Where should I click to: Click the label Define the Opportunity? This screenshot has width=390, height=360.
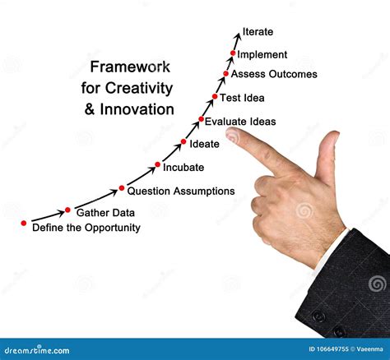[x=86, y=228]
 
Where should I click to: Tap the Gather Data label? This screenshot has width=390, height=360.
[x=104, y=212]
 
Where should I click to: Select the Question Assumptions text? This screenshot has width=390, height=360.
[x=181, y=191]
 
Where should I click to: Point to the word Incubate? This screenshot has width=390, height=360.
[x=183, y=168]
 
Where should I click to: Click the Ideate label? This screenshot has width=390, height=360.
[x=204, y=145]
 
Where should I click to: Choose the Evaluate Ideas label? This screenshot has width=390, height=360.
[x=240, y=122]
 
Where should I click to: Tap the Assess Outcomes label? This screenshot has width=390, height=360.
[x=274, y=75]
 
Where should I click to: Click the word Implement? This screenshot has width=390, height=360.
[x=262, y=55]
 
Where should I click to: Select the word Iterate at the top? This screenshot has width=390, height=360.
[x=258, y=33]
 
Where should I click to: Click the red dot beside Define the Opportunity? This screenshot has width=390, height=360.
[x=24, y=223]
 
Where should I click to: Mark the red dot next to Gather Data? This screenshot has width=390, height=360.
[x=68, y=210]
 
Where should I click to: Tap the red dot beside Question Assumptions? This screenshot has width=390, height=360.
[x=122, y=188]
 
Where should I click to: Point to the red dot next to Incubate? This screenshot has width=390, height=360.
[x=157, y=165]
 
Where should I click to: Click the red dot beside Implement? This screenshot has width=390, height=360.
[x=233, y=53]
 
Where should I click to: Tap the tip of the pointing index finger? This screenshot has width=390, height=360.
[x=232, y=135]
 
